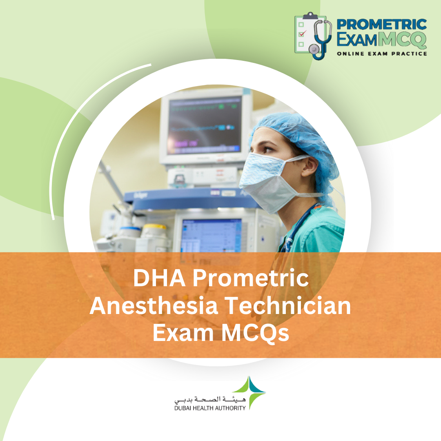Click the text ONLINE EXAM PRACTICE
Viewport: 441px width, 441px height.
click(x=382, y=53)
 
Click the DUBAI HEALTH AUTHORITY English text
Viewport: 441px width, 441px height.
click(x=210, y=408)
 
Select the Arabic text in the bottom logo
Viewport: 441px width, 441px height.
click(x=210, y=399)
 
